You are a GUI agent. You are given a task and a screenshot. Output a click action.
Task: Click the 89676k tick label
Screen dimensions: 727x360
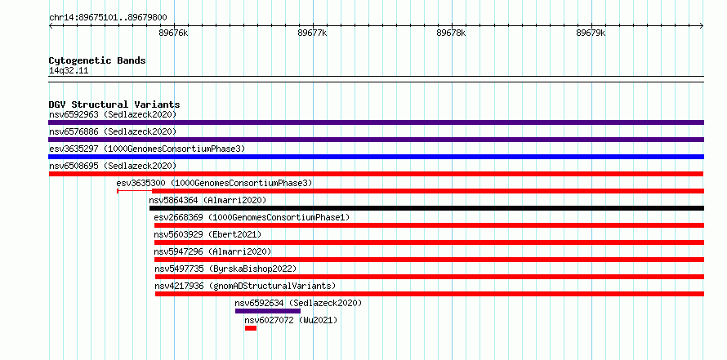pos(173,33)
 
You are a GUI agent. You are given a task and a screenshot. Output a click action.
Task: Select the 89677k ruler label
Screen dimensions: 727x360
pos(313,33)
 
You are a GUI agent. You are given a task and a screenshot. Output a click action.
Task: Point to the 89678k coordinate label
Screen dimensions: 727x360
pos(452,33)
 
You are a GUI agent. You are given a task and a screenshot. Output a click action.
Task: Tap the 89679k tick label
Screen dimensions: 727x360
pos(591,33)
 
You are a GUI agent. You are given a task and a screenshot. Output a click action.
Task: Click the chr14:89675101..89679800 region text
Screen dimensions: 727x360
pos(108,18)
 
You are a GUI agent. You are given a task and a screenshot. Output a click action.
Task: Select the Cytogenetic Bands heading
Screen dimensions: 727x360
pos(97,60)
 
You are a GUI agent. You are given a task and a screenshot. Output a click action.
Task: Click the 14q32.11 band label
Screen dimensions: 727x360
pos(69,71)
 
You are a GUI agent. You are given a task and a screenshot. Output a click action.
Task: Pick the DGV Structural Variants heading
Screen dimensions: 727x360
pos(114,104)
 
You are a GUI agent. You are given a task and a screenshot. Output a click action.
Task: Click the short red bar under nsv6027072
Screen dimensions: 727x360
pos(251,328)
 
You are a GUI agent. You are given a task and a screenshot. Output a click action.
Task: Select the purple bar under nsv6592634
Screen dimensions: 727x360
pos(268,311)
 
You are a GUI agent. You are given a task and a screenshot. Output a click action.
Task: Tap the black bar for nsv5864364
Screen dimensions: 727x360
pos(426,208)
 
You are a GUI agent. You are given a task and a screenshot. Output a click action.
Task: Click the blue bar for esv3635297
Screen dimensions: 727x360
pos(376,157)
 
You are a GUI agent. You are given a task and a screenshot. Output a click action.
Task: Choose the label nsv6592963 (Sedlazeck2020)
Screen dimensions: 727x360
pos(113,114)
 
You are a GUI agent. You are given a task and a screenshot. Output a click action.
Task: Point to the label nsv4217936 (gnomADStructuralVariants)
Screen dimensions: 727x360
pos(245,286)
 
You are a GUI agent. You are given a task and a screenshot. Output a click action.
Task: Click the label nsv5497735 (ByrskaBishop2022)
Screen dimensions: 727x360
pos(225,269)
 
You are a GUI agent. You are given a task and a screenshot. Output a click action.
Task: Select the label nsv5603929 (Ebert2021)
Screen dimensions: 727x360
pos(207,234)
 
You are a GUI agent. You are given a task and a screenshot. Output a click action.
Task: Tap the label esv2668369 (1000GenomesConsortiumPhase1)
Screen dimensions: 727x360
pos(252,217)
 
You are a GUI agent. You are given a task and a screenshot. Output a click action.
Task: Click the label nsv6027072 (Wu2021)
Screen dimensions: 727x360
pos(291,320)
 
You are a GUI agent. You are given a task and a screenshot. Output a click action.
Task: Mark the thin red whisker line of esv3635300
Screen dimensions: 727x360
pos(135,191)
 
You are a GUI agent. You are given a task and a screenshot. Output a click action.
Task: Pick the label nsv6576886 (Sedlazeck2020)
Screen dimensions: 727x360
pos(113,131)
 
